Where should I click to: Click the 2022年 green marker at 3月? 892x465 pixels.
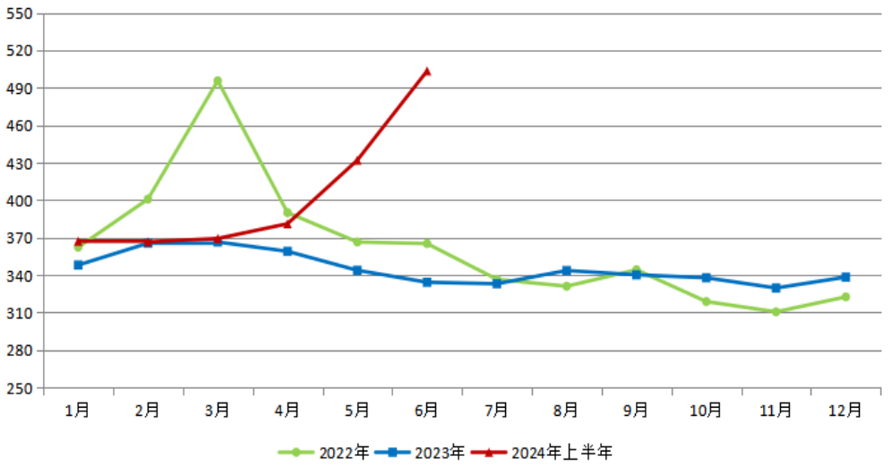click(218, 81)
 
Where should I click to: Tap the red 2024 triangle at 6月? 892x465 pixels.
click(427, 71)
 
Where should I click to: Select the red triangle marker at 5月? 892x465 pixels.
click(357, 160)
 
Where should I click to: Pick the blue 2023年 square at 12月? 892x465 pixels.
click(845, 277)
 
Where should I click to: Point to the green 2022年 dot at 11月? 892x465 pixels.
click(776, 311)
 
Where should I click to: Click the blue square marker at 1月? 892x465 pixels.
click(78, 265)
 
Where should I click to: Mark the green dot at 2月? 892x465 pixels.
click(148, 199)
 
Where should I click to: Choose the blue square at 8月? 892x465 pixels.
click(566, 270)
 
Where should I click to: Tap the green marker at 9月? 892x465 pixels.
click(636, 270)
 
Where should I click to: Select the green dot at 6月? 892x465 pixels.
click(427, 243)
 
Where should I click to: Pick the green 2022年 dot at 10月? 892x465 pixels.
click(706, 301)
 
